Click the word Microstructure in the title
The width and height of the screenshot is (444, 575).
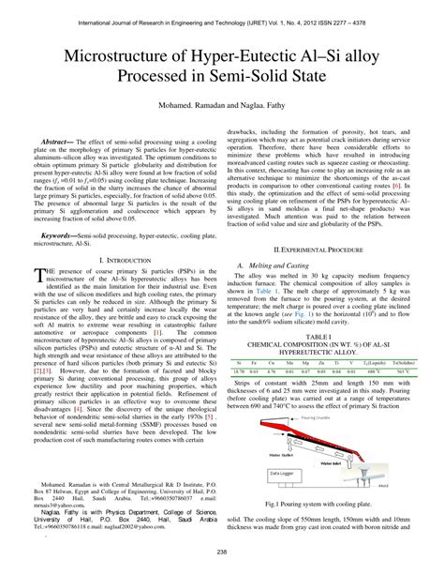(x=119, y=56)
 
